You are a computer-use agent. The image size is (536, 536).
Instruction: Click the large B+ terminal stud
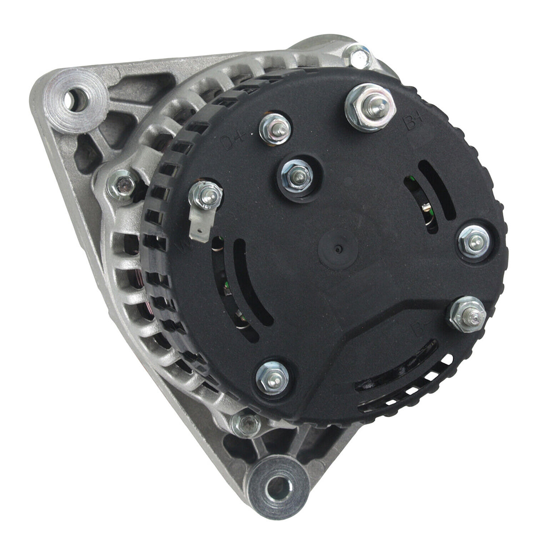pyautogui.click(x=370, y=107)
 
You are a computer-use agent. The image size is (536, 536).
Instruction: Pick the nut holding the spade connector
pyautogui.click(x=206, y=195)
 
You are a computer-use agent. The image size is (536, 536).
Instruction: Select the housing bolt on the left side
pyautogui.click(x=122, y=184)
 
